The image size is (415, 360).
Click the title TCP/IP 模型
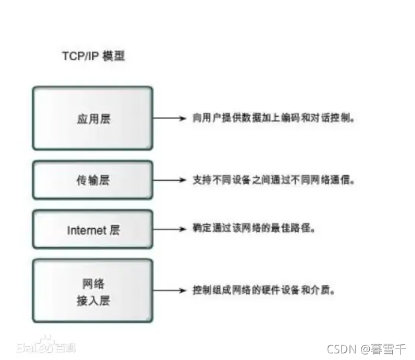(93, 57)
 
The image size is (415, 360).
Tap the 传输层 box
(92, 180)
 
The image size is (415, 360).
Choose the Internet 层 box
(92, 229)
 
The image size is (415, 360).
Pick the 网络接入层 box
(92, 290)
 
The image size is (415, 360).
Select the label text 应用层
(94, 119)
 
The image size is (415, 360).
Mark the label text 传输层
(93, 180)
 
